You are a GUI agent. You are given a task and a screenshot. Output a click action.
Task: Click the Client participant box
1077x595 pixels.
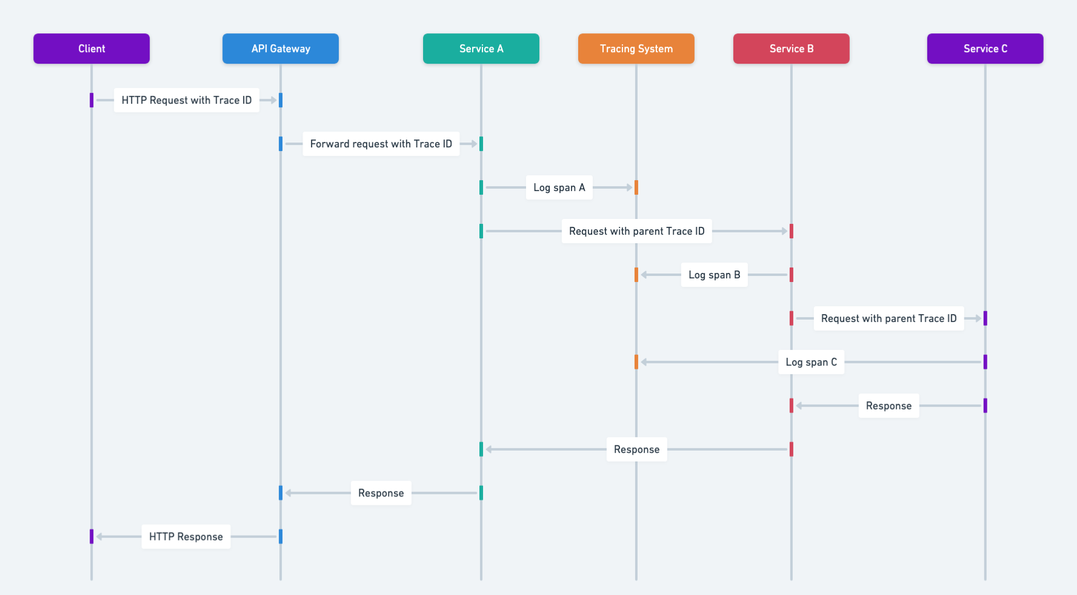click(x=92, y=49)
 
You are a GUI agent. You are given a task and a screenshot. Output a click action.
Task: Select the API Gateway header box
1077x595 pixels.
click(x=281, y=49)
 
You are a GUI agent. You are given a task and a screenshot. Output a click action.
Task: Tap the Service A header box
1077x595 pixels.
click(x=481, y=49)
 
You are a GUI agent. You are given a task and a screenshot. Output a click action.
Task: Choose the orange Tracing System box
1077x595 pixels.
click(x=636, y=49)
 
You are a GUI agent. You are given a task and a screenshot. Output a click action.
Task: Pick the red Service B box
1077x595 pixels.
click(x=792, y=49)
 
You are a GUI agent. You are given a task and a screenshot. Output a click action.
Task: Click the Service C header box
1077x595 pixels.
click(x=985, y=49)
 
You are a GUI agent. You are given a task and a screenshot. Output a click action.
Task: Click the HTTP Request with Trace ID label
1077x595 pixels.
click(x=187, y=100)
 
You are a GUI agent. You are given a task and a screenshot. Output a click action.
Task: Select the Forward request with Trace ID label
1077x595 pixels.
click(x=381, y=144)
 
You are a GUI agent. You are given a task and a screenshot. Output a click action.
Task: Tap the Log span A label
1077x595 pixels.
click(x=559, y=187)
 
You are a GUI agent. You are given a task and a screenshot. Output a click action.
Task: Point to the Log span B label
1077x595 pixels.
click(x=714, y=275)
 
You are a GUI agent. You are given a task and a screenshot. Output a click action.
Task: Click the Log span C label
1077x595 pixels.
click(x=811, y=362)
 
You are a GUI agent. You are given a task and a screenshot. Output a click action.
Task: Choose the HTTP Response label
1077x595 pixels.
click(x=186, y=537)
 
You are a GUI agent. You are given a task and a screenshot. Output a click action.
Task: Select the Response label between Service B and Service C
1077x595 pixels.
click(x=889, y=406)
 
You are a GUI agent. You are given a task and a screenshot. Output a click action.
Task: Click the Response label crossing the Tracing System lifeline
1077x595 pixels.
click(x=636, y=449)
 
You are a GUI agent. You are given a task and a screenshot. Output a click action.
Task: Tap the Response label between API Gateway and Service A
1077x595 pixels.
click(x=381, y=493)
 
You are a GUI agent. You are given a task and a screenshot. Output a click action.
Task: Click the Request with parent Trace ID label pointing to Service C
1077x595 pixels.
click(x=889, y=318)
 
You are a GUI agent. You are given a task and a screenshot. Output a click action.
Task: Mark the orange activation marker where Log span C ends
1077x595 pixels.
click(x=636, y=362)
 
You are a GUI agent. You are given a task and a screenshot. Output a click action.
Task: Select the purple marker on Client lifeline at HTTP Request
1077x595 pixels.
click(x=92, y=100)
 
